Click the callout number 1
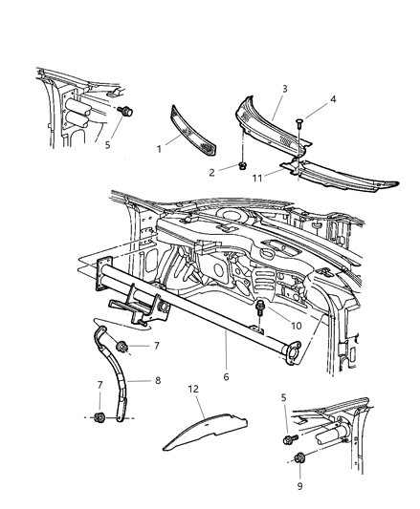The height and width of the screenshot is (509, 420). [x=159, y=149]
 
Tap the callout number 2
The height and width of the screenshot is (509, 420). [x=211, y=173]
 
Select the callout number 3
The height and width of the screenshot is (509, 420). [x=285, y=89]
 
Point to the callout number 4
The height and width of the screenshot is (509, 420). [x=333, y=99]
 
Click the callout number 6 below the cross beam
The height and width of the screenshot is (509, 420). [x=226, y=377]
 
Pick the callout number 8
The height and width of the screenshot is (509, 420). [x=158, y=380]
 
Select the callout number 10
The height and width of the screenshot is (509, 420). [x=297, y=326]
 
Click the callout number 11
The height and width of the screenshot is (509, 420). [x=257, y=179]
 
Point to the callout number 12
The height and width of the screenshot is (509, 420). [x=193, y=389]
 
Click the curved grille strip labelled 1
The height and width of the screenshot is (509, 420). [x=194, y=131]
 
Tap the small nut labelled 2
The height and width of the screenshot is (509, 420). [x=242, y=166]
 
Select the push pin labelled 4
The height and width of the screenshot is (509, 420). [x=299, y=123]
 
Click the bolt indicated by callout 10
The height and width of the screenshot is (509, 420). [x=260, y=308]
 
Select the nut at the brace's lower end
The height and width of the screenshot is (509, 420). [x=99, y=417]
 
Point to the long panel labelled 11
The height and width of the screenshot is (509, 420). [x=339, y=177]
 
